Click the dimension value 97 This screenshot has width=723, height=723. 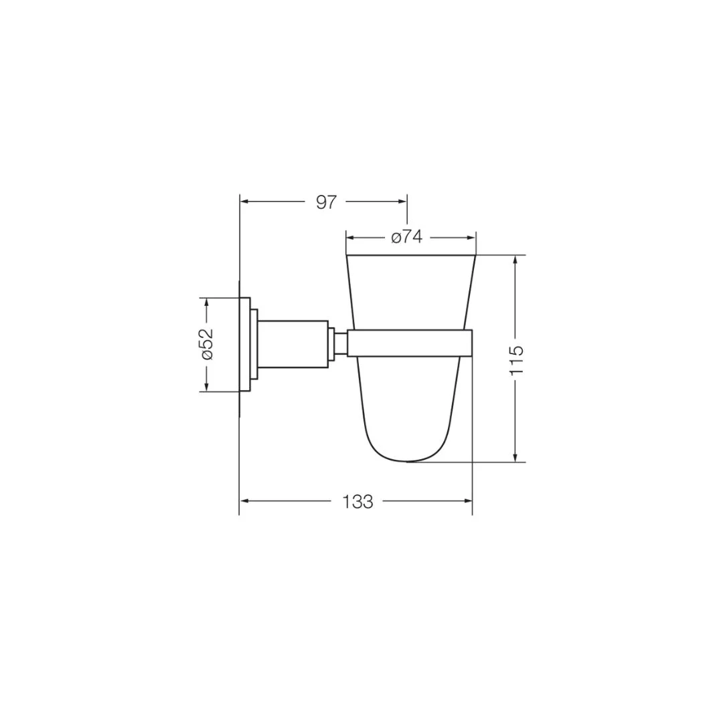click(x=327, y=202)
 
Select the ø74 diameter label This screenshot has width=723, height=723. click(x=406, y=238)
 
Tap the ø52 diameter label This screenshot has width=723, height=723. click(x=208, y=343)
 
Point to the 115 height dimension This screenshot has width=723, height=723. click(x=516, y=359)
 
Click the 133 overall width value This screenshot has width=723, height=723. click(x=357, y=501)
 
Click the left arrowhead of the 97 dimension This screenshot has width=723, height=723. click(x=245, y=202)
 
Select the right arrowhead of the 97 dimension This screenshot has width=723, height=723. click(x=402, y=202)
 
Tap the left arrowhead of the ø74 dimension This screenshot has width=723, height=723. click(x=351, y=238)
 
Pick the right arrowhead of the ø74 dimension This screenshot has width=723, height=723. click(x=471, y=238)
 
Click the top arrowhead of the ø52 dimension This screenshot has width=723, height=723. click(x=207, y=303)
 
